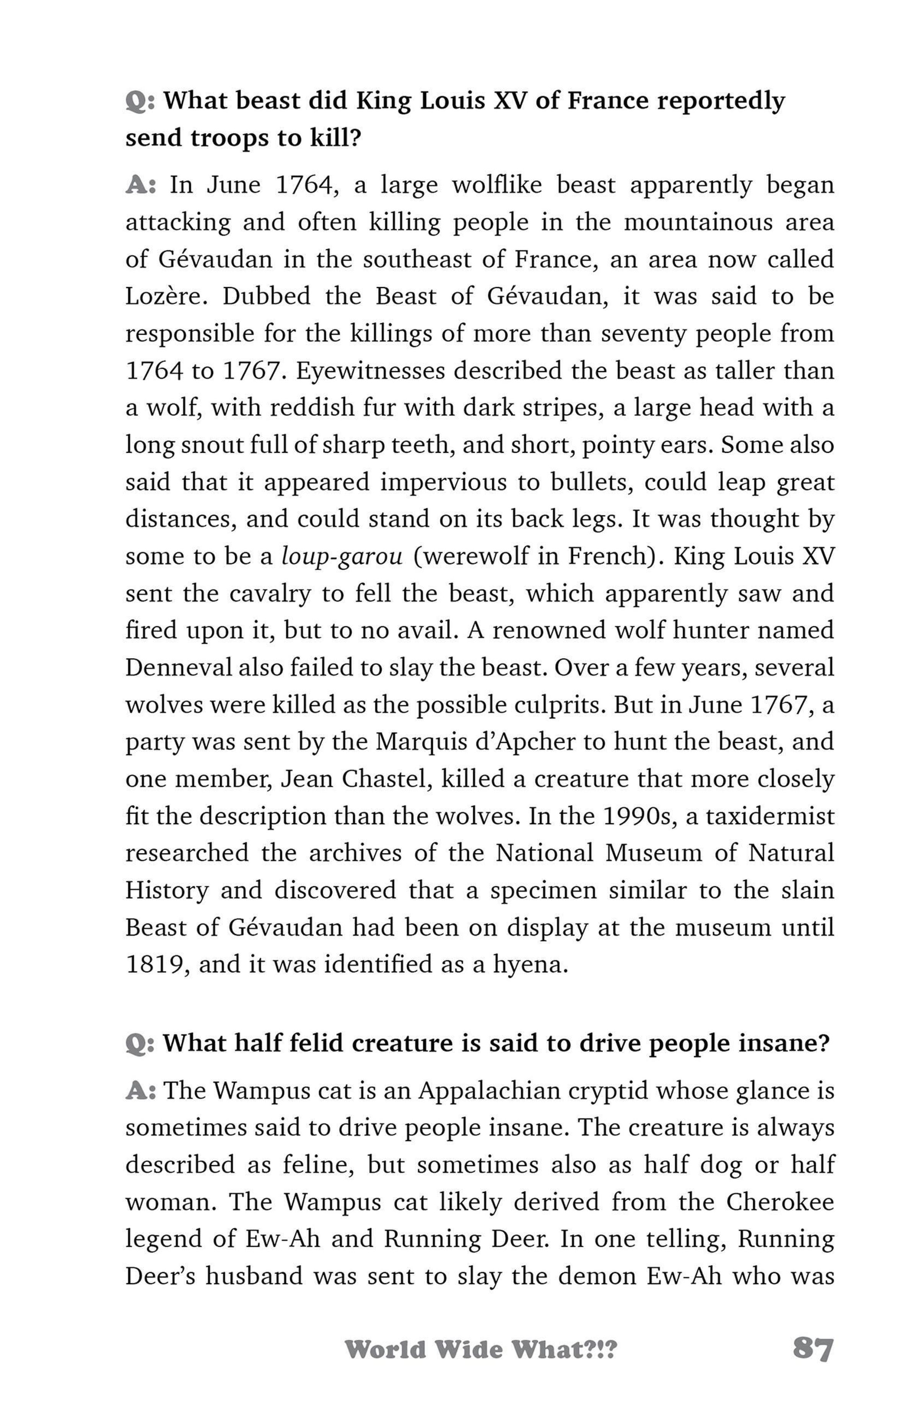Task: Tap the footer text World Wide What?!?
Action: click(480, 1349)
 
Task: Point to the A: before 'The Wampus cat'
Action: click(141, 1091)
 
